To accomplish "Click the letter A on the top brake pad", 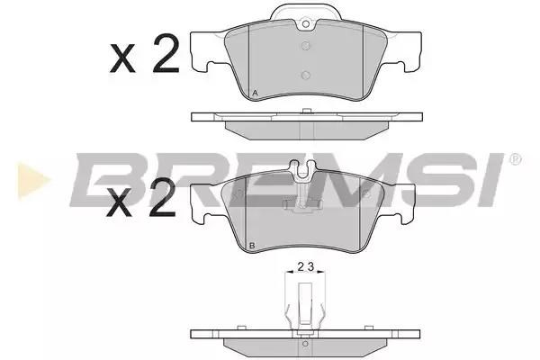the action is click(x=255, y=93).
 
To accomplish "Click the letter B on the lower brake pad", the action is click(x=252, y=246).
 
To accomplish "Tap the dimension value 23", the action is click(x=305, y=266).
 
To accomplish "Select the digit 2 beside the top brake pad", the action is click(x=166, y=54).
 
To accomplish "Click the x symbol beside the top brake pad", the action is click(x=122, y=58).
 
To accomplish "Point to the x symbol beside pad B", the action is click(x=119, y=202).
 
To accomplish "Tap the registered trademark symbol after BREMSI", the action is click(x=515, y=159).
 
